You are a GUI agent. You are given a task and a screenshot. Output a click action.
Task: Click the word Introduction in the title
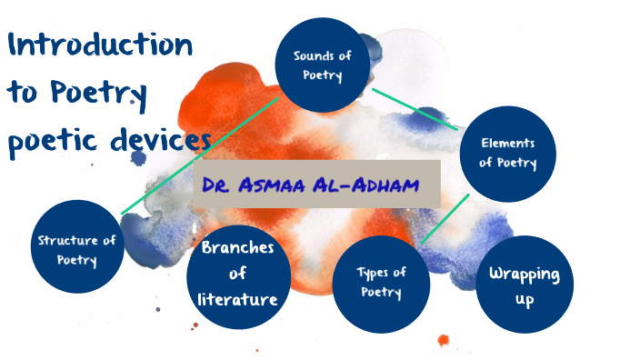click(x=100, y=45)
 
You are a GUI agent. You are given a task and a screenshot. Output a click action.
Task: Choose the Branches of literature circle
click(x=239, y=273)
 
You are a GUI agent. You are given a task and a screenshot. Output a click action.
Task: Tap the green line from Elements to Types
click(x=445, y=219)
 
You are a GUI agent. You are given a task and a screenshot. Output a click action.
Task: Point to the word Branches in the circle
click(x=238, y=248)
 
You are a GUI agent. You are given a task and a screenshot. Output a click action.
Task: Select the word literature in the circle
click(x=238, y=297)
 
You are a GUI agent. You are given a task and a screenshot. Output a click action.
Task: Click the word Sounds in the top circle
click(x=310, y=56)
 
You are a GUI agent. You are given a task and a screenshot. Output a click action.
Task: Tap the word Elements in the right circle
click(x=507, y=144)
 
